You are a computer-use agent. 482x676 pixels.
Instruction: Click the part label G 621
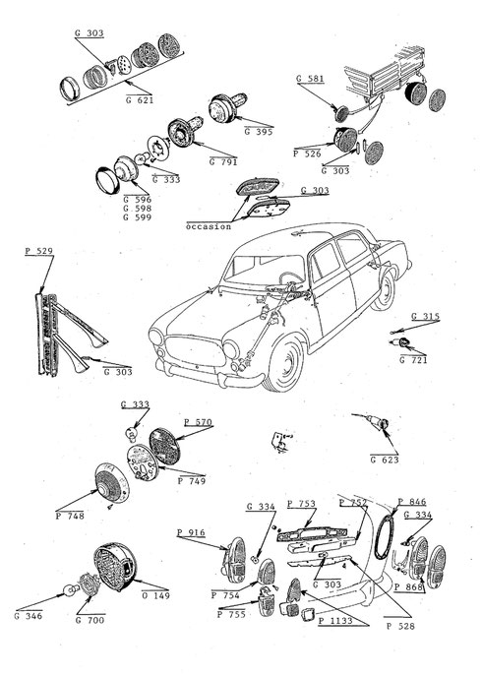pos(140,100)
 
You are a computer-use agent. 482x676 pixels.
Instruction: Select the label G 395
pos(259,132)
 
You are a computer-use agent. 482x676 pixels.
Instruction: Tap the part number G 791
pos(223,162)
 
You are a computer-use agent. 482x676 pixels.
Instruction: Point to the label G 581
pos(310,79)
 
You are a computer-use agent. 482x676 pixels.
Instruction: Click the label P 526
pos(307,154)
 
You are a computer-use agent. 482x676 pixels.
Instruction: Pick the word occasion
pos(209,226)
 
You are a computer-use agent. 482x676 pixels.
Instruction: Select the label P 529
pos(38,251)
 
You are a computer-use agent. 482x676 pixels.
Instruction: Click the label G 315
pos(426,317)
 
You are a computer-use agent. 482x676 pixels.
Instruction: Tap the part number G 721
pos(413,360)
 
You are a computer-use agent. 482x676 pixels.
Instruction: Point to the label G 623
pos(385,460)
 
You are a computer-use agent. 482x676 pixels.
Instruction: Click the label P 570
pos(199,422)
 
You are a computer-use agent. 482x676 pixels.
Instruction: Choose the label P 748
pos(70,516)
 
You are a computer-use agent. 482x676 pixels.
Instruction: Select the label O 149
pos(155,596)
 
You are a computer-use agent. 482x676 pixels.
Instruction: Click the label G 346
pos(29,616)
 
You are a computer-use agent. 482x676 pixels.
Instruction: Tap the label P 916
pos(191,533)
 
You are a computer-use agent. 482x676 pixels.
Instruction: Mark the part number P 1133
pos(335,621)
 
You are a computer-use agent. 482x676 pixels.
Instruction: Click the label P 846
pos(412,502)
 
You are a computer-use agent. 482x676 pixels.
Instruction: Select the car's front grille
pos(196,351)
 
